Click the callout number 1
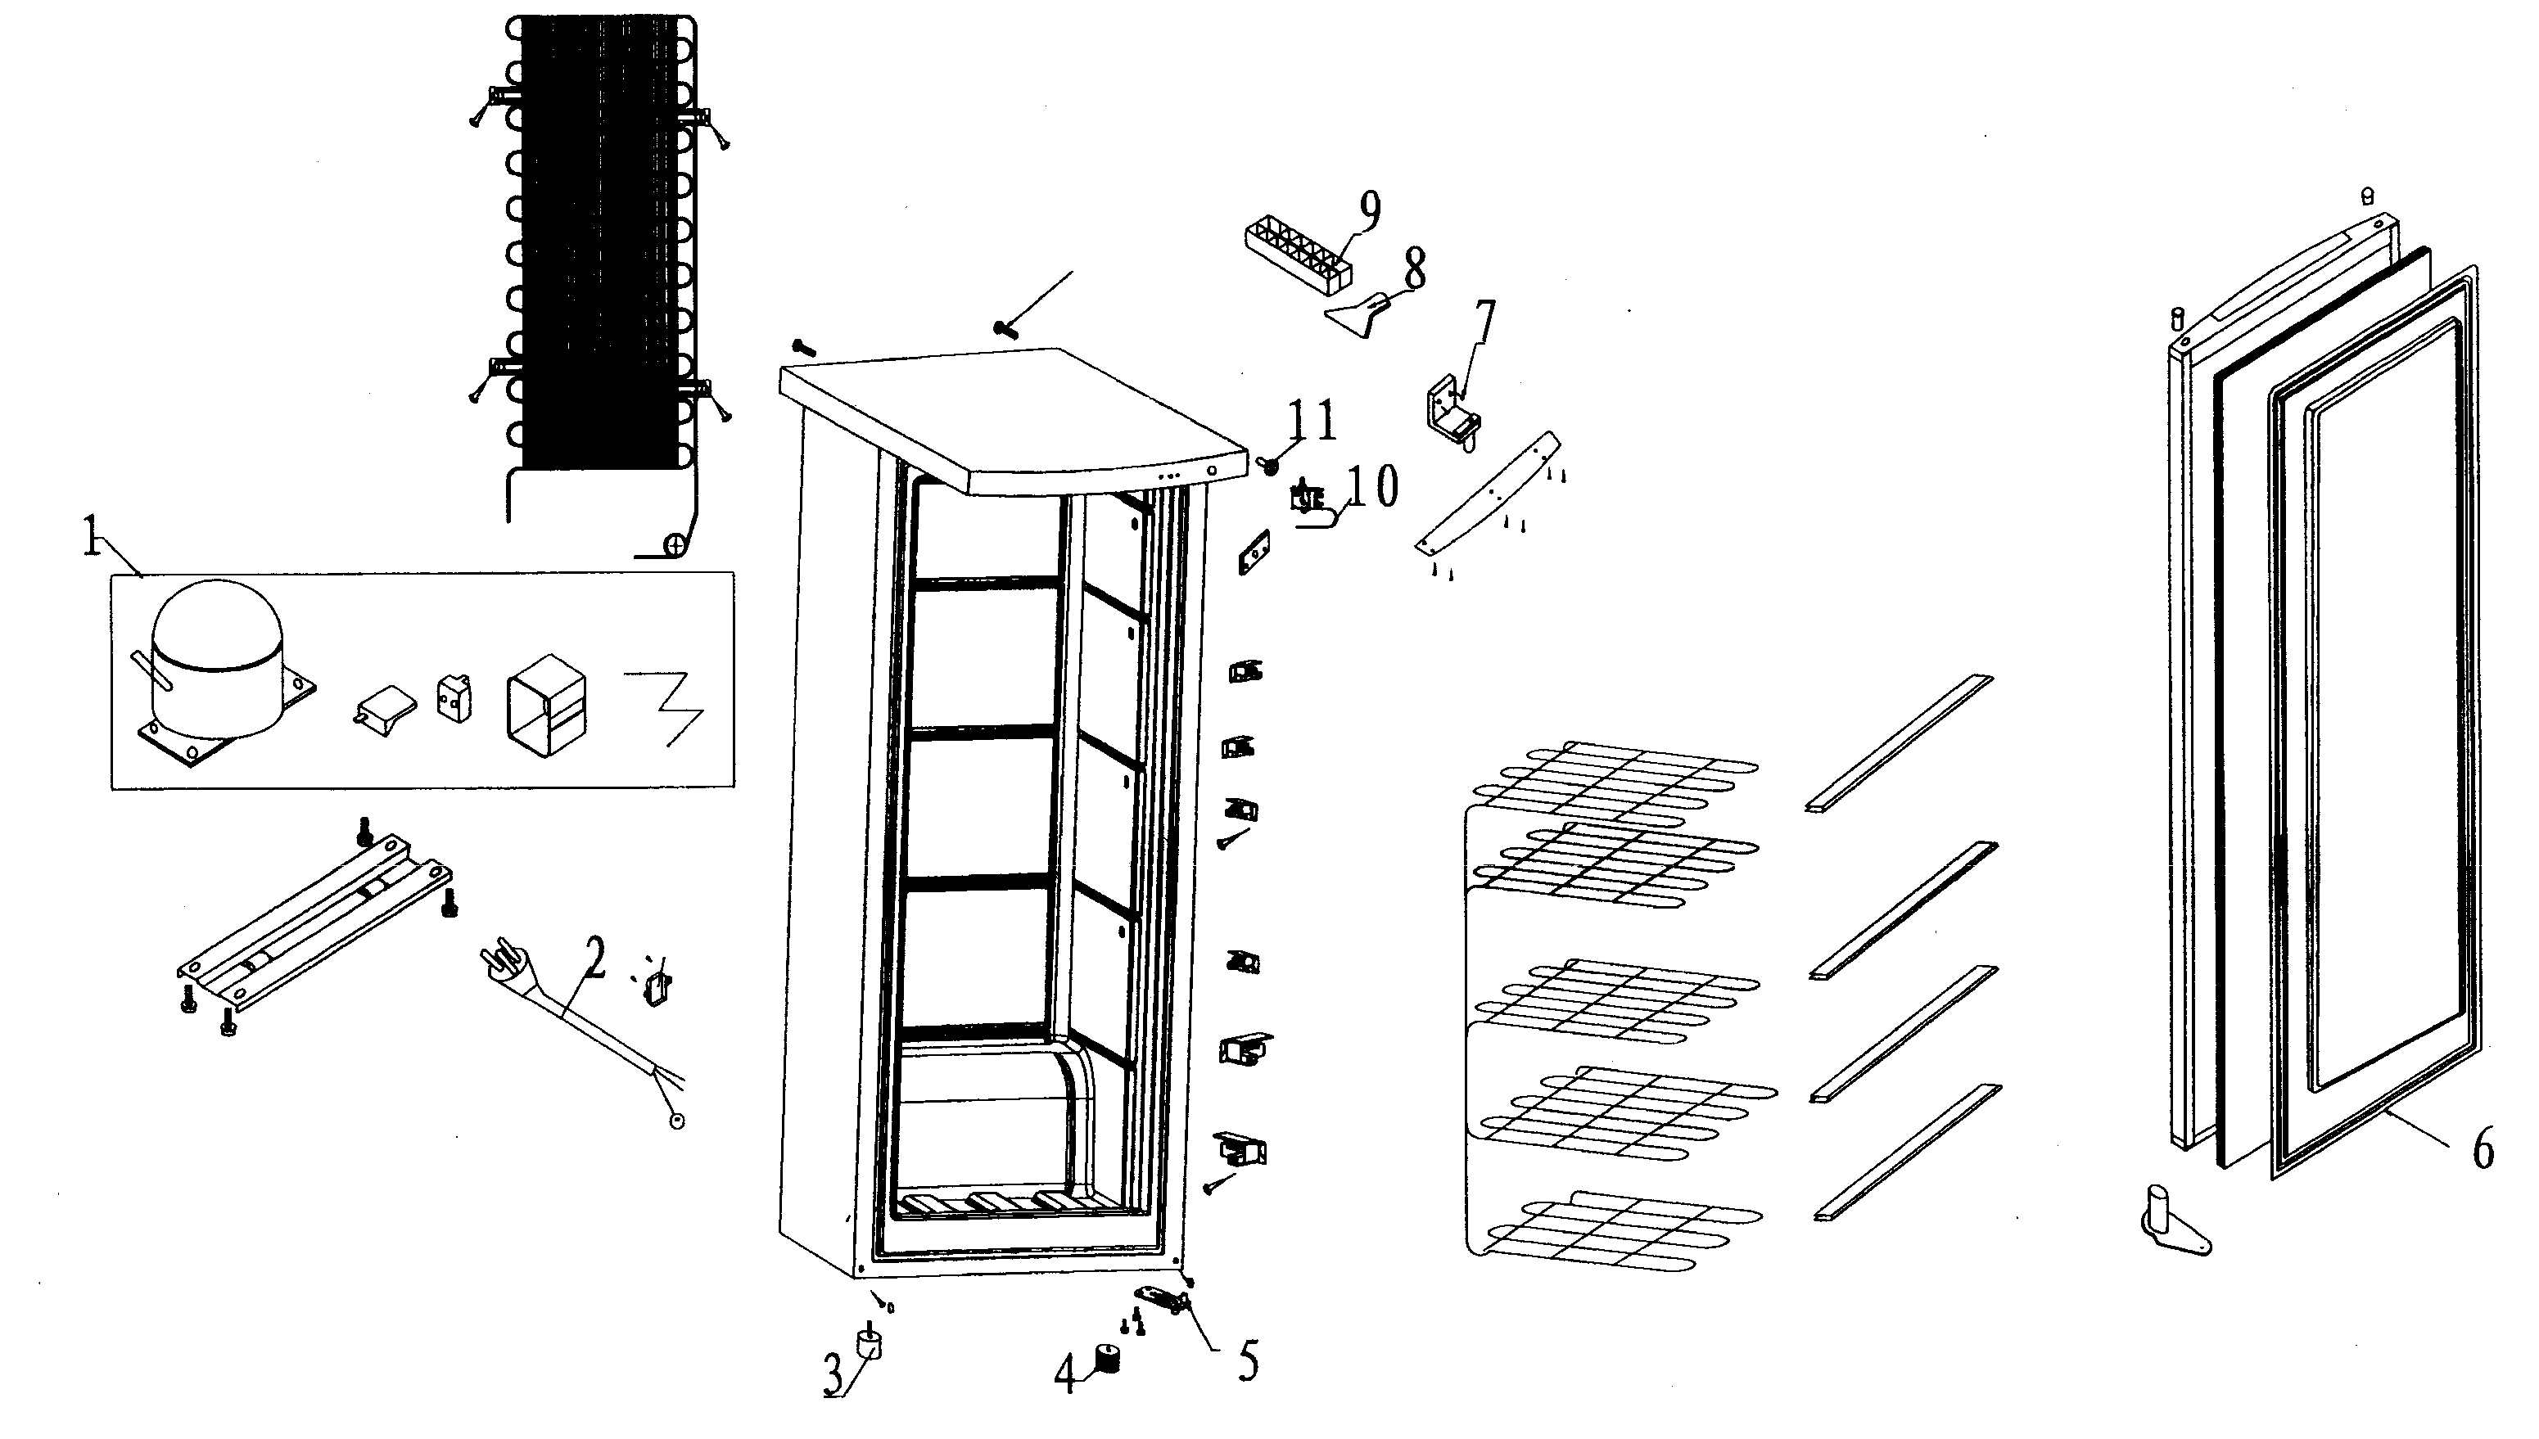91,538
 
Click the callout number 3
834,1376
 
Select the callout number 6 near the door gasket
2483,1152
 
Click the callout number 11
1312,420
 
